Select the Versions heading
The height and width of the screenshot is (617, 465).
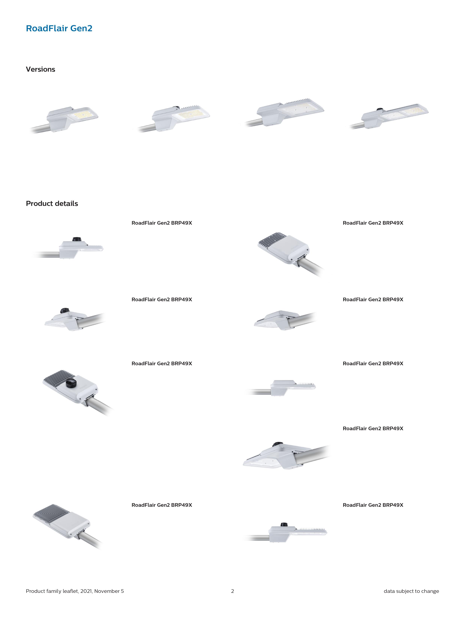click(40, 69)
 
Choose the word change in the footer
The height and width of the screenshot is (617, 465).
click(430, 591)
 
